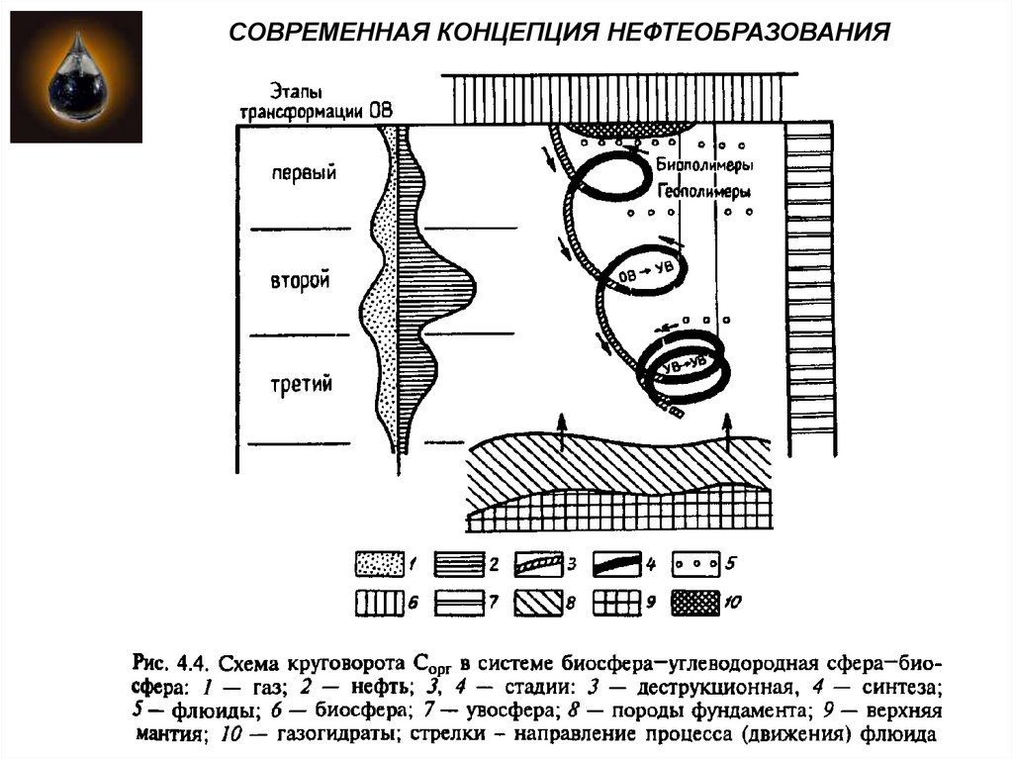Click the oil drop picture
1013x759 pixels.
coord(75,74)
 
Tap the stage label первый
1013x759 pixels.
coord(304,173)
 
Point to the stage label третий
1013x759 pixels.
coord(301,384)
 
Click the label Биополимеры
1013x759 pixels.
coord(704,165)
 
